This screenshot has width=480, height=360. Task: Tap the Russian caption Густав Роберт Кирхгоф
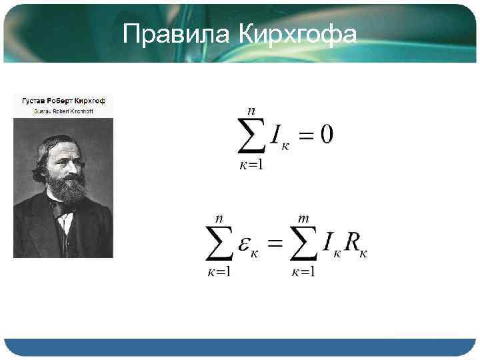click(x=64, y=101)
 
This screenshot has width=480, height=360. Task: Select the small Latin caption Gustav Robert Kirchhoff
click(x=64, y=111)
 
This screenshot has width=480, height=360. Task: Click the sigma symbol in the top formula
click(x=252, y=136)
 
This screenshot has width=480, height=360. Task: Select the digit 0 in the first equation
click(x=326, y=135)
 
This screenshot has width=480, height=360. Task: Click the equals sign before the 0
click(x=303, y=137)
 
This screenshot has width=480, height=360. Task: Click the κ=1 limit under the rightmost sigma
click(x=303, y=273)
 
